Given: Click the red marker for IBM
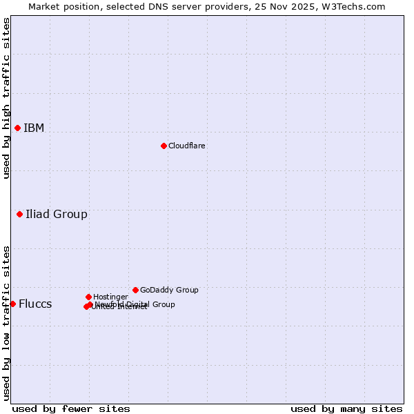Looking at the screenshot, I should pos(17,128).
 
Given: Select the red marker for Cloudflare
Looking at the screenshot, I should pos(164,146).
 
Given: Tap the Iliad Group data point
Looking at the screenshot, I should pos(19,214).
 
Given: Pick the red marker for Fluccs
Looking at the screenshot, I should pos(12,304).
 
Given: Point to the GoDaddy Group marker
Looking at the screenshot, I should pos(135,290).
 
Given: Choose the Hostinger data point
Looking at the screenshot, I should pos(88,297).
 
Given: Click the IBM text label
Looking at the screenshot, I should pos(34,128).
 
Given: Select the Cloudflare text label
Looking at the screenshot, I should pos(187,146).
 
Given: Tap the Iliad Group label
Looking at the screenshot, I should pos(57,214).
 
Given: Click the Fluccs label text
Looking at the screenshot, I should pos(35,304).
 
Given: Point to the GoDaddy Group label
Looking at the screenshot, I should pos(169,290).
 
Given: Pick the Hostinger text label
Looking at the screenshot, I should pos(110,297).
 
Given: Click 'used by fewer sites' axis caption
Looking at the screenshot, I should pos(71,408).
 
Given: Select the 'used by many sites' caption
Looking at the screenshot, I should pos(346,408).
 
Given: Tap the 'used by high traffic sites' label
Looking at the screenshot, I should pos(6,98).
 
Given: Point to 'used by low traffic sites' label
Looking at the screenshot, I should pos(6,322).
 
